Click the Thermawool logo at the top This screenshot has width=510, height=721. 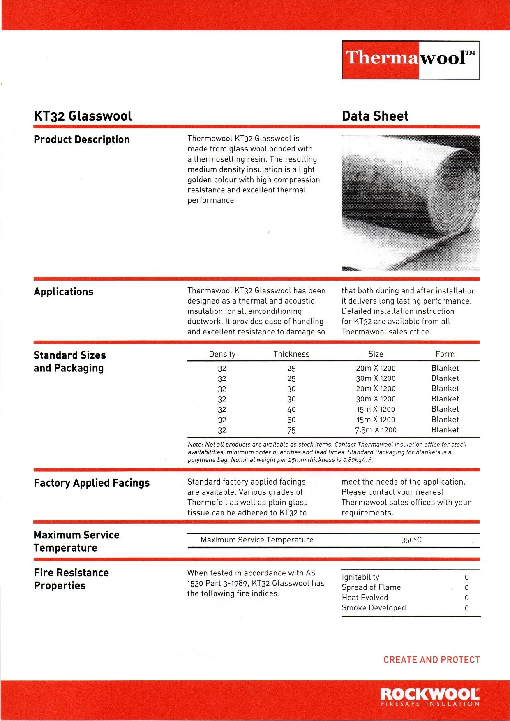pyautogui.click(x=411, y=60)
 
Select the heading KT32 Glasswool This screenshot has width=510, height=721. pyautogui.click(x=83, y=116)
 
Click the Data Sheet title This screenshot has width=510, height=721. pyautogui.click(x=375, y=116)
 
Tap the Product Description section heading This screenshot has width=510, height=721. pyautogui.click(x=81, y=139)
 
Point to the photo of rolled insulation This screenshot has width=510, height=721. pyautogui.click(x=411, y=203)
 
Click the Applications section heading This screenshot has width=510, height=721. pyautogui.click(x=63, y=292)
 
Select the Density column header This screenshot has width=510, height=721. pyautogui.click(x=222, y=354)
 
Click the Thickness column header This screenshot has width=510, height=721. pyautogui.click(x=291, y=354)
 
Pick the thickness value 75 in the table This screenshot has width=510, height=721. pyautogui.click(x=291, y=430)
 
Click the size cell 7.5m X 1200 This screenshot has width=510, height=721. pyautogui.click(x=376, y=430)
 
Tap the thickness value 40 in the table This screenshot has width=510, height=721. pyautogui.click(x=291, y=410)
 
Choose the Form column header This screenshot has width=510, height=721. pyautogui.click(x=445, y=354)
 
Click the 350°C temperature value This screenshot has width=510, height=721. pyautogui.click(x=411, y=540)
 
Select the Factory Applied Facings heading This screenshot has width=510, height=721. pyautogui.click(x=92, y=483)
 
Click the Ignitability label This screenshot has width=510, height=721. pyautogui.click(x=360, y=577)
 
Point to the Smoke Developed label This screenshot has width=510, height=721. pyautogui.click(x=374, y=608)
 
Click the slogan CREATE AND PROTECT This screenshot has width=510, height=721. pyautogui.click(x=432, y=660)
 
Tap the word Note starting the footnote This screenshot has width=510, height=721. pyautogui.click(x=195, y=445)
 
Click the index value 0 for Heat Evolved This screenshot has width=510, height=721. pyautogui.click(x=466, y=598)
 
